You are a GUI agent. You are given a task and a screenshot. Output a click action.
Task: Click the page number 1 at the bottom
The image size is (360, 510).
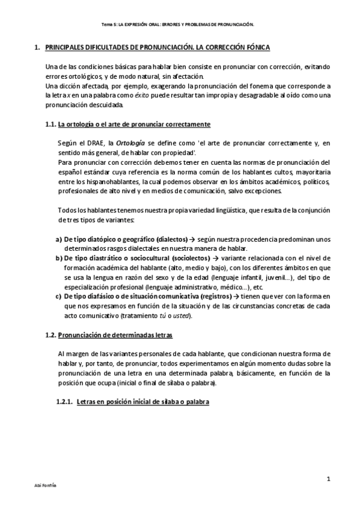(329, 478)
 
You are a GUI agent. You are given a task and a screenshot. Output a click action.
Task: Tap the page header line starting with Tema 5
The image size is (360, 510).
(180, 25)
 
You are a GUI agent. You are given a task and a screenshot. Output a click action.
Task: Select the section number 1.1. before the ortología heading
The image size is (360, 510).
(50, 124)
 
